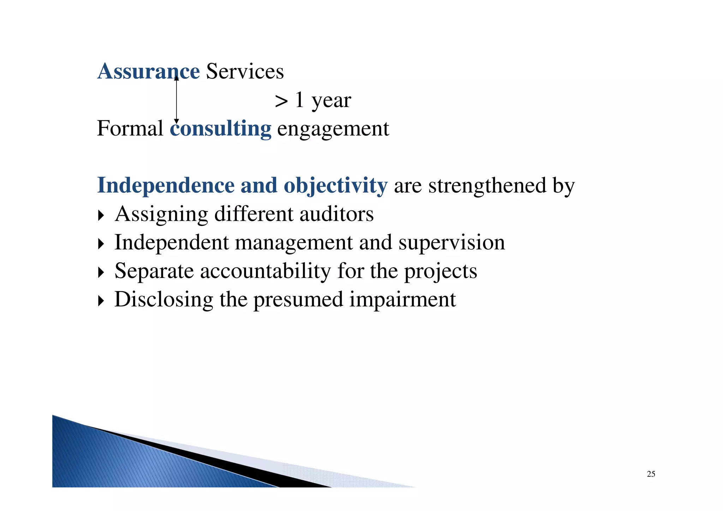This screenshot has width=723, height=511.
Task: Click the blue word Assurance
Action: click(x=148, y=71)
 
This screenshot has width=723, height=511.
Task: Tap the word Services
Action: click(x=245, y=71)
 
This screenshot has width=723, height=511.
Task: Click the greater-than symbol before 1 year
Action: click(x=281, y=101)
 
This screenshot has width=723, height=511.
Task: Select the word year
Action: click(x=331, y=101)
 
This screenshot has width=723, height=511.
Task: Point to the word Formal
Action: click(x=130, y=129)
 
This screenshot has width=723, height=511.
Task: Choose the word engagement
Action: click(x=333, y=129)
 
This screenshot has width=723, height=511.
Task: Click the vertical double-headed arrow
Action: click(x=177, y=100)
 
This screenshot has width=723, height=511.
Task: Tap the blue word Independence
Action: click(x=166, y=185)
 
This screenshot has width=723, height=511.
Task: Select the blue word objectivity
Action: click(x=335, y=186)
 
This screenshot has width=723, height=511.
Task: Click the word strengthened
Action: click(x=487, y=185)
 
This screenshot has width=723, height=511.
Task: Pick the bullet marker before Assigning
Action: click(x=101, y=215)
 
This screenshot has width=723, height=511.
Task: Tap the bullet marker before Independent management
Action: click(x=101, y=244)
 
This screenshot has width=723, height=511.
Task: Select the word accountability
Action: click(x=265, y=271)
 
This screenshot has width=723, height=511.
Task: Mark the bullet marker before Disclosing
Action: click(x=101, y=301)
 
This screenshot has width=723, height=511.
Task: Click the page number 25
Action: click(x=651, y=474)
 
